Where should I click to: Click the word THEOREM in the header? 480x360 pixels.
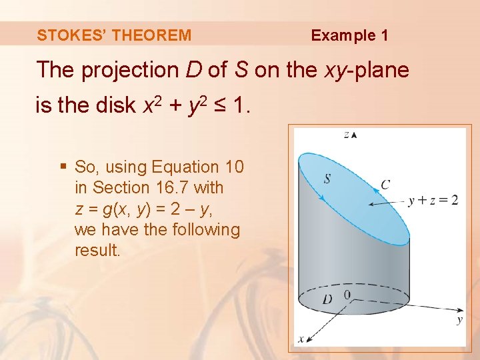click(x=151, y=35)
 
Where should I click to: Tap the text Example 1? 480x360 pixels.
click(x=349, y=35)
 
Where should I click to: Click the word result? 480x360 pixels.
click(x=97, y=250)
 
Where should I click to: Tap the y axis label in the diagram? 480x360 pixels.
click(x=459, y=320)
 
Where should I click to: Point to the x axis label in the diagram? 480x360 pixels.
click(x=301, y=339)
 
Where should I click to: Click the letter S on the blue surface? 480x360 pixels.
click(x=327, y=178)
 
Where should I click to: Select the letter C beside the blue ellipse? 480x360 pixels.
click(x=385, y=183)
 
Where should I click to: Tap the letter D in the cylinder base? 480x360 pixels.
click(x=327, y=299)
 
